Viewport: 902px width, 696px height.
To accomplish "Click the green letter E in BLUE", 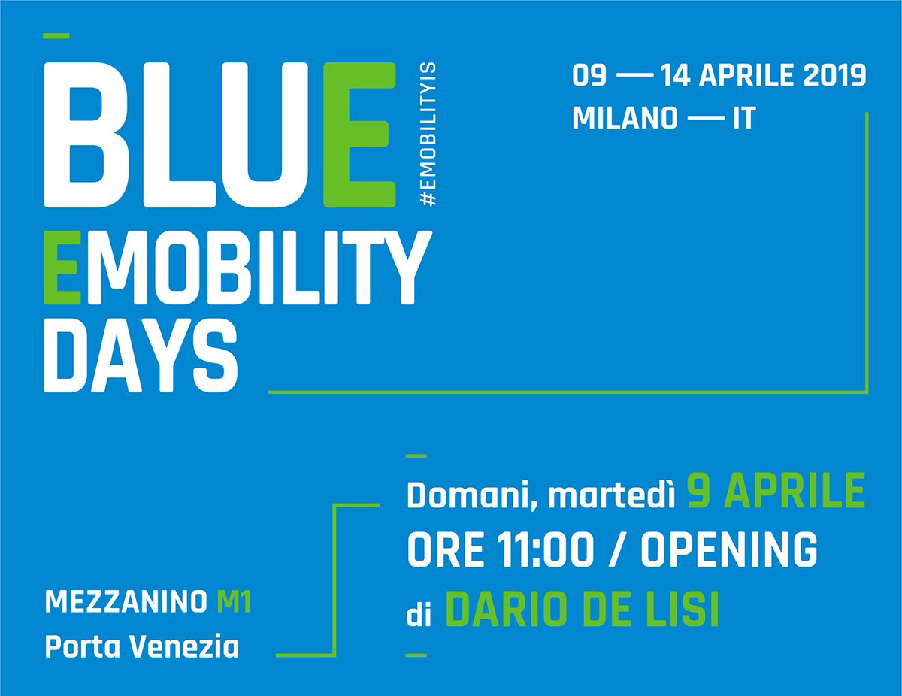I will [x=358, y=135].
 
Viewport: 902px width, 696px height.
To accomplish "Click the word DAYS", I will [x=136, y=357].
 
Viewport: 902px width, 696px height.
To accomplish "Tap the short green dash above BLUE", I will [x=57, y=35].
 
